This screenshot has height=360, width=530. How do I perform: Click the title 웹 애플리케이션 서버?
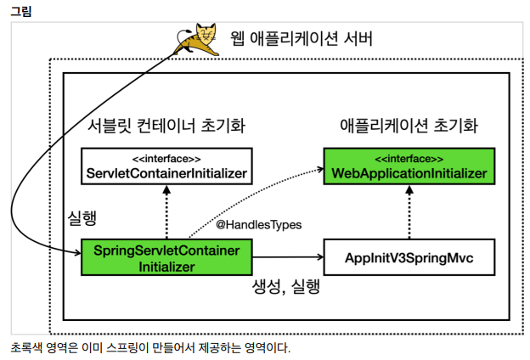(302, 39)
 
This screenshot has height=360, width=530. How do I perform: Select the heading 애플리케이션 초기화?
(408, 127)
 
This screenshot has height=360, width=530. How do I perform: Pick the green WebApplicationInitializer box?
(409, 166)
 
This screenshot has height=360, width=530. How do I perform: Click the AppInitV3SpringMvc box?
(409, 257)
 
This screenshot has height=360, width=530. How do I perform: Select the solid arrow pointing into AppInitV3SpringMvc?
(289, 257)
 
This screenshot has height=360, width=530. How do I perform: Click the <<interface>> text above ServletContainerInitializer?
(166, 159)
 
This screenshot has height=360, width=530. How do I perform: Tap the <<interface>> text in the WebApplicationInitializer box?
(409, 159)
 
